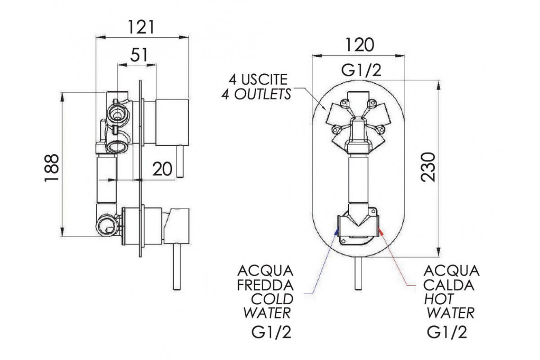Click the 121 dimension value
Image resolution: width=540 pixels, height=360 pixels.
(x=141, y=27)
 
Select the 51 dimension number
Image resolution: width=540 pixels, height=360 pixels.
(x=139, y=55)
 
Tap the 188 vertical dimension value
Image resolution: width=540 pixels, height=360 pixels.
(x=52, y=167)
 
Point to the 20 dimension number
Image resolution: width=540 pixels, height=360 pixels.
(x=162, y=169)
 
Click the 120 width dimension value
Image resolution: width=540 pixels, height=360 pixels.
(x=360, y=45)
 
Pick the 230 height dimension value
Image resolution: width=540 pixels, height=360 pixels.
(x=428, y=167)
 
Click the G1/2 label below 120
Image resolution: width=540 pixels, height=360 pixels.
(x=361, y=70)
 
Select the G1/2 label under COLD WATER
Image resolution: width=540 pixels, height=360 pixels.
(x=271, y=333)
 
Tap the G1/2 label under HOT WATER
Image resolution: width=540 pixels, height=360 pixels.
(x=447, y=333)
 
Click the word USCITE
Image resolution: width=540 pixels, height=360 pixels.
(x=264, y=80)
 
